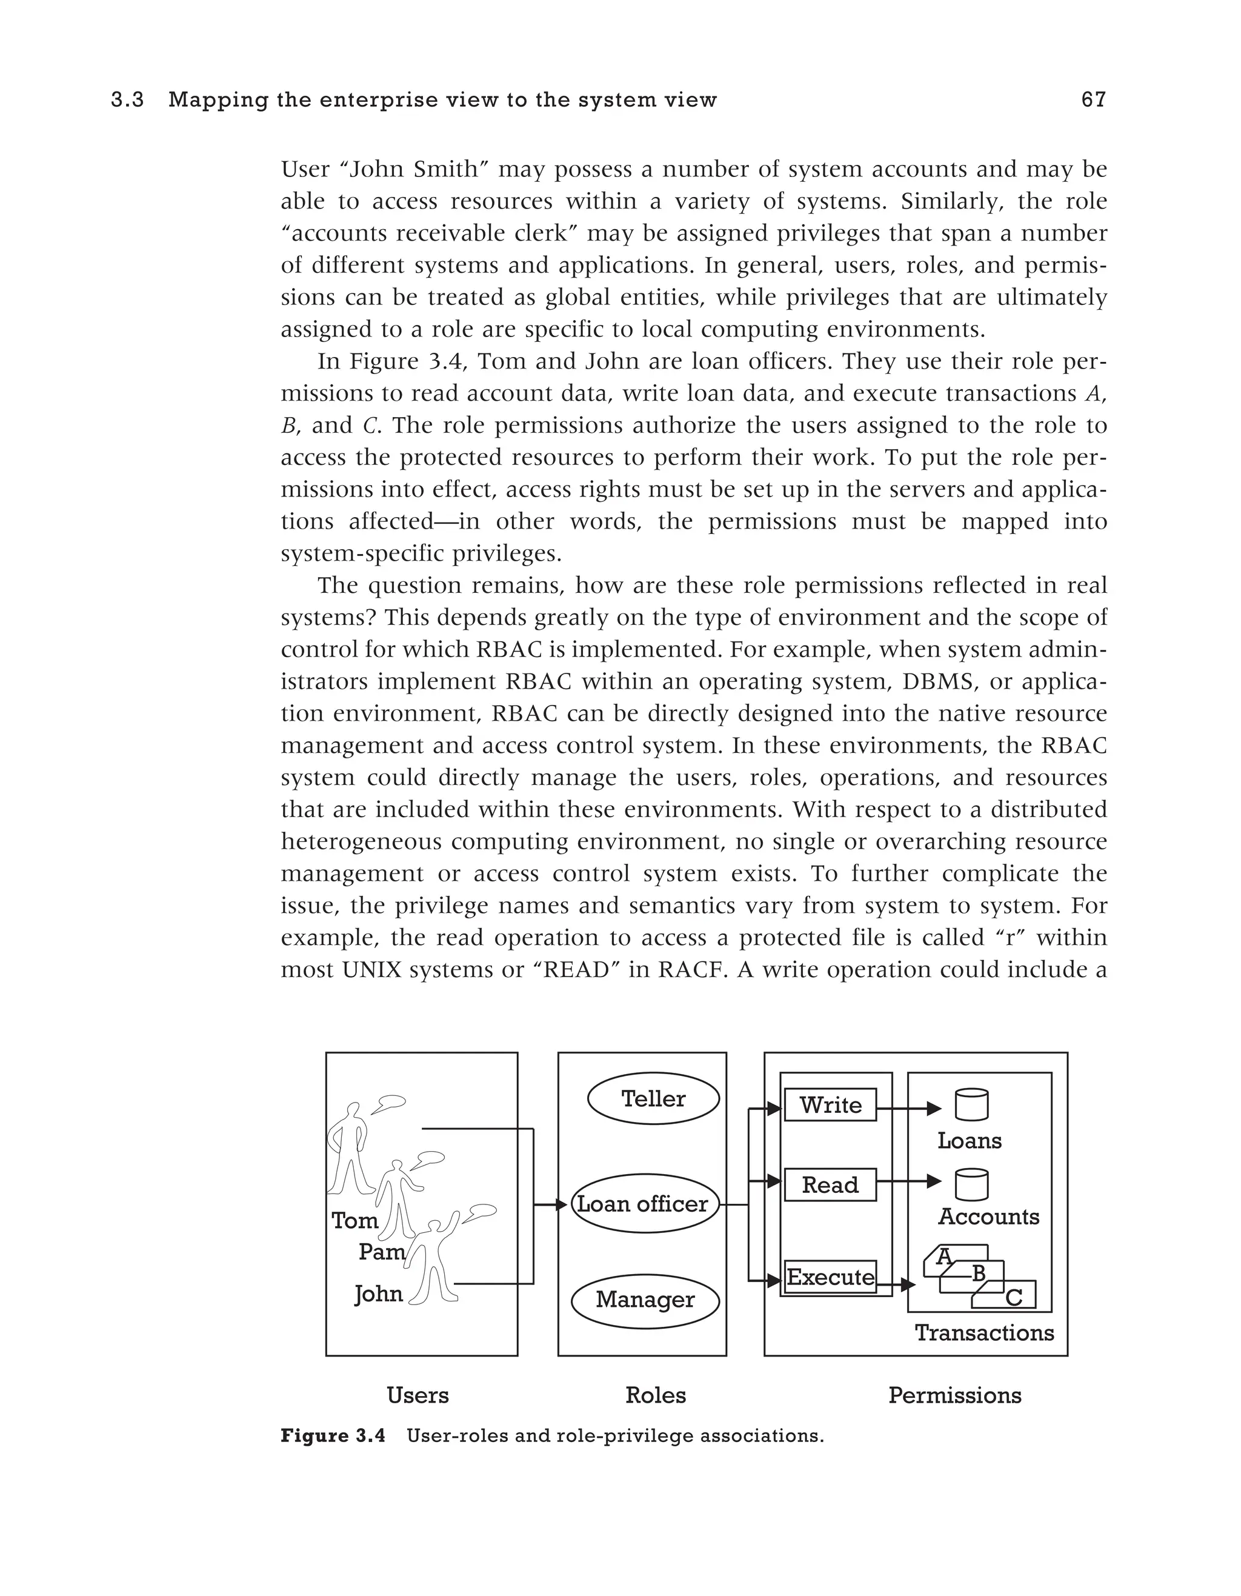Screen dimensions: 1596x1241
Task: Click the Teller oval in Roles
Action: point(653,1098)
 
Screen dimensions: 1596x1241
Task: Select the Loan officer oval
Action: point(643,1204)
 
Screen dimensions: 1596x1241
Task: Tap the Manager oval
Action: point(644,1300)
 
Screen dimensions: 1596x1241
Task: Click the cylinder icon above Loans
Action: point(971,1105)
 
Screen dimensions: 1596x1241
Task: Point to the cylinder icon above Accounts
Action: point(971,1184)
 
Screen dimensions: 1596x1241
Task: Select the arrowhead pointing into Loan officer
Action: point(562,1204)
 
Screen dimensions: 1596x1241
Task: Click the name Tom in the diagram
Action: point(355,1220)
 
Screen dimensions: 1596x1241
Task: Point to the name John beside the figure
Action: point(378,1294)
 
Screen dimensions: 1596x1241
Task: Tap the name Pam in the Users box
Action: point(381,1252)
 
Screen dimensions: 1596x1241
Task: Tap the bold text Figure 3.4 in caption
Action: point(332,1436)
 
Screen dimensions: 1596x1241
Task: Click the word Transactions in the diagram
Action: point(984,1333)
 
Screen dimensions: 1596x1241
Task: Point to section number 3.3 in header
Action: point(128,100)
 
